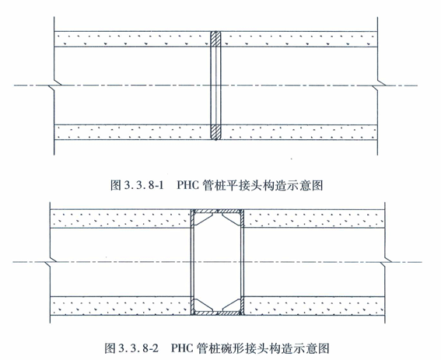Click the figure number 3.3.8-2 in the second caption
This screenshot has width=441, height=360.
tap(138, 348)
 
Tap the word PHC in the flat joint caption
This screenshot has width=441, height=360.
tap(187, 185)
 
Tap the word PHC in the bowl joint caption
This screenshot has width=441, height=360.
tap(182, 348)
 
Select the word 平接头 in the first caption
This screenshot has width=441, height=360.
tap(238, 185)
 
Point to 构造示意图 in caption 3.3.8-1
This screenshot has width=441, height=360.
tap(289, 185)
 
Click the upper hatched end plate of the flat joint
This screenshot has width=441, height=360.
tap(215, 39)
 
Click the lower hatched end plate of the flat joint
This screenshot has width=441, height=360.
tap(215, 132)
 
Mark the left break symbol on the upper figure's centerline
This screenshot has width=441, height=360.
tap(55, 85)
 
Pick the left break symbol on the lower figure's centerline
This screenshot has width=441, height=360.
tap(51, 262)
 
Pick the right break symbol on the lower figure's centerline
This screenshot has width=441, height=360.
tap(385, 262)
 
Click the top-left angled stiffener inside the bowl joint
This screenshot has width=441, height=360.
tap(203, 218)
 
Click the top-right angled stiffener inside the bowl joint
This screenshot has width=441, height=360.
tap(232, 218)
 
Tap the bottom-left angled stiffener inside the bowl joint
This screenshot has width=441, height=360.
tap(203, 305)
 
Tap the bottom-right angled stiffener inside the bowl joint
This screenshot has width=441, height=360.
tap(232, 305)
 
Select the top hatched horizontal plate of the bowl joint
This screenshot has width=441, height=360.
tap(218, 211)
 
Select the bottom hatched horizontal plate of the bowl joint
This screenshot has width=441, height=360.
tap(218, 313)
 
